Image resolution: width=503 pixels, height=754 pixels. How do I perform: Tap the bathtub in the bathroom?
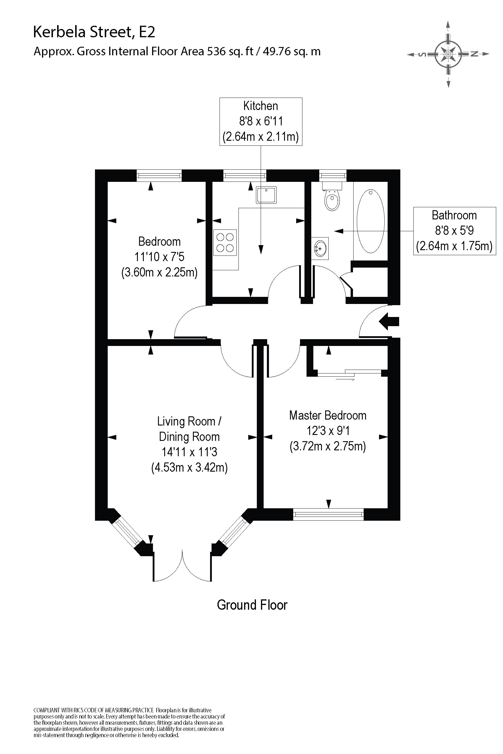370,221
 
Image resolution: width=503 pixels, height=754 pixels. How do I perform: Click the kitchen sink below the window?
266,195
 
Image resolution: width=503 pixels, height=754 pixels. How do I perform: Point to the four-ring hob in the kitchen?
225,242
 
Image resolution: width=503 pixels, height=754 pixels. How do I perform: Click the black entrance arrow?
389,321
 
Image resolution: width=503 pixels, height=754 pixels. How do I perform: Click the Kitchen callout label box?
260,122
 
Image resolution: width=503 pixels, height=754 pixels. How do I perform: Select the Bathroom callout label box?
454,231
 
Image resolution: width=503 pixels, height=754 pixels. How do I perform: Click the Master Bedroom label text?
328,415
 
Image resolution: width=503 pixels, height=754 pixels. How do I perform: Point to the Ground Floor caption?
252,605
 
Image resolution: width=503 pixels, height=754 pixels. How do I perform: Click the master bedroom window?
328,514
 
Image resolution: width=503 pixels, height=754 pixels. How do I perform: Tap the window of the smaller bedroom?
159,175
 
